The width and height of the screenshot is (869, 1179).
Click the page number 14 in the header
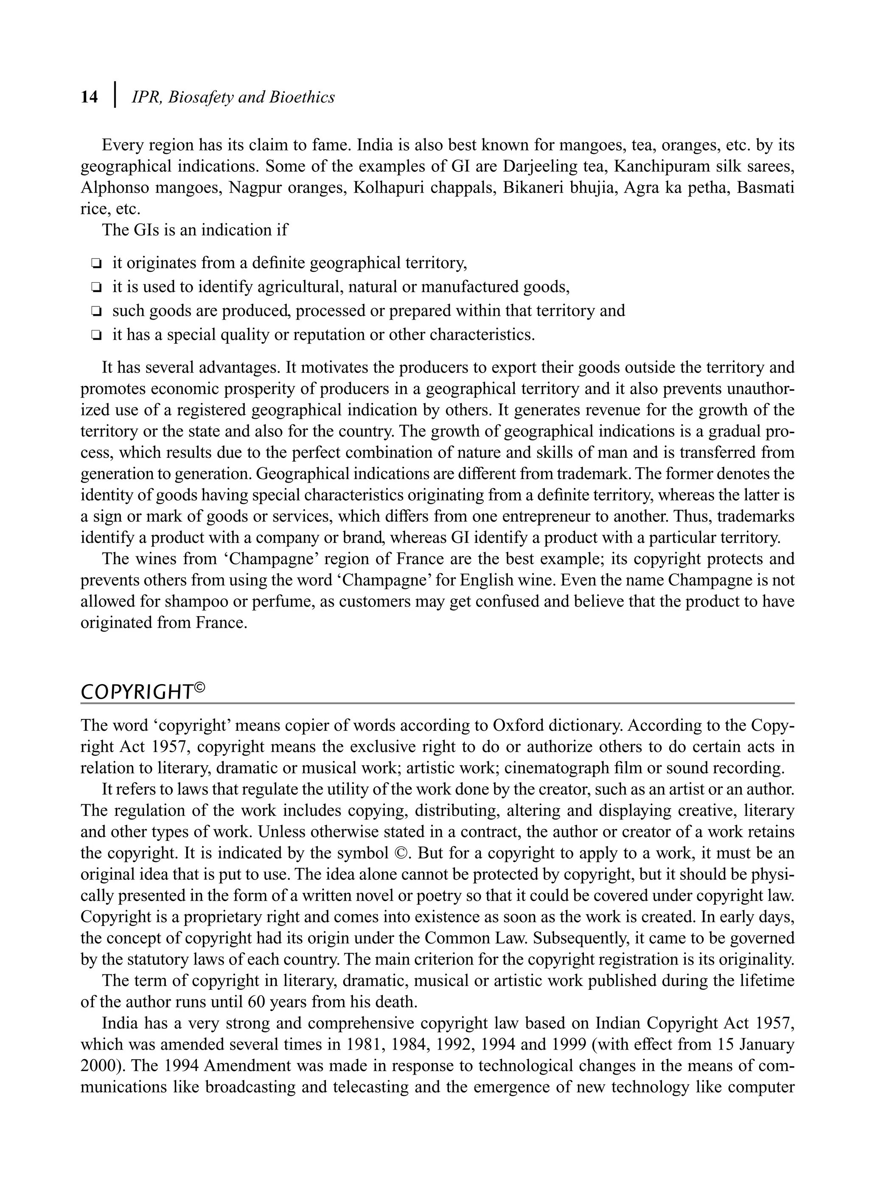(89, 97)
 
